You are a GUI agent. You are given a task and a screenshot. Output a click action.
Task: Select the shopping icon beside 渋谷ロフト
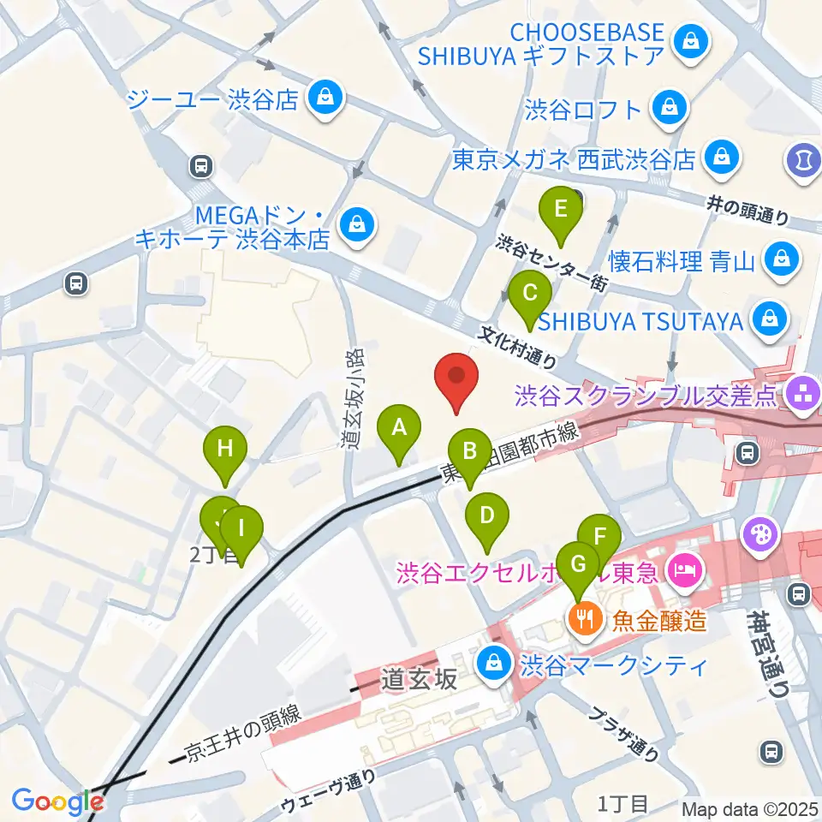point(665,109)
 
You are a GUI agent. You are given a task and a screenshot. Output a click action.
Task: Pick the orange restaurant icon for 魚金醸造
point(586,616)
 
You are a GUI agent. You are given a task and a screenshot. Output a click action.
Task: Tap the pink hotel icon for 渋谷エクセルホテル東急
point(685,568)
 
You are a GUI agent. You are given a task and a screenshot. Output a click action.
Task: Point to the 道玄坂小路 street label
point(349,398)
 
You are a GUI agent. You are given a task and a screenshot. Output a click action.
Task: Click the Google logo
point(57,801)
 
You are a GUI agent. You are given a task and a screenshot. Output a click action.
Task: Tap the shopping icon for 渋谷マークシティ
point(493,663)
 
